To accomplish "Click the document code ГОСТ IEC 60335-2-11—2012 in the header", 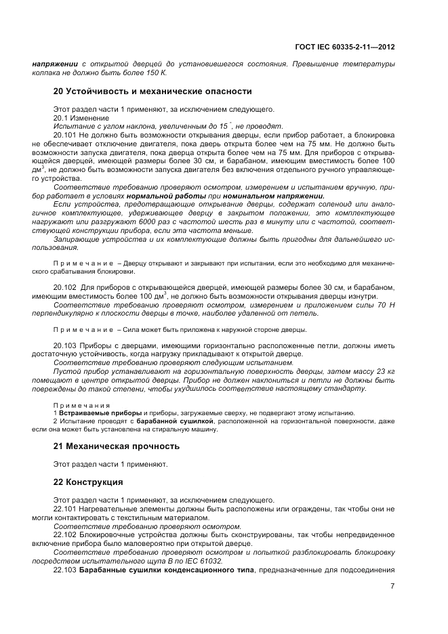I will [x=345, y=48].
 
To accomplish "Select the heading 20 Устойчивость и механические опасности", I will [x=152, y=91].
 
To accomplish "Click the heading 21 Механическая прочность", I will [x=116, y=446].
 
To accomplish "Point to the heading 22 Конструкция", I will [x=87, y=482].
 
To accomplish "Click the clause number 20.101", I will [x=65, y=135].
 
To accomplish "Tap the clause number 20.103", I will [x=65, y=345].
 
